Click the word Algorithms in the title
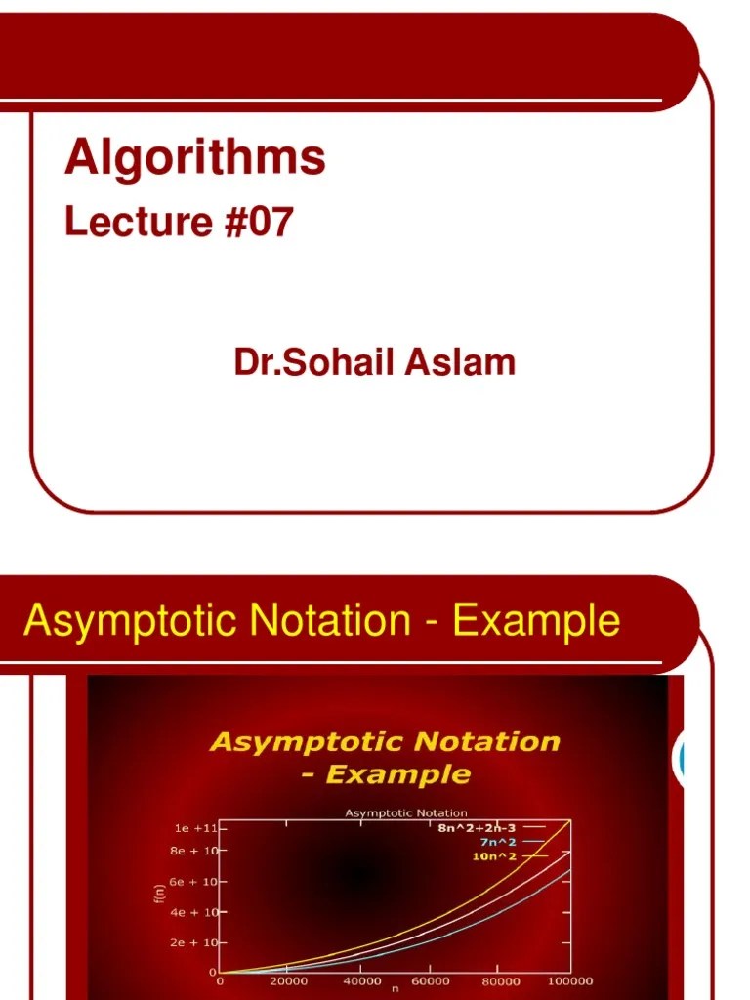[194, 158]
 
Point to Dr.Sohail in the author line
[312, 363]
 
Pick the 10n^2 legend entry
[493, 856]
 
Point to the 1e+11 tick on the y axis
[195, 827]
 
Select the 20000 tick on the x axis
[289, 981]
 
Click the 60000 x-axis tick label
[430, 981]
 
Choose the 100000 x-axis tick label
[570, 981]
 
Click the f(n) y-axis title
[159, 894]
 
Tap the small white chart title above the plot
[405, 812]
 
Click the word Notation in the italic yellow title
[484, 742]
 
